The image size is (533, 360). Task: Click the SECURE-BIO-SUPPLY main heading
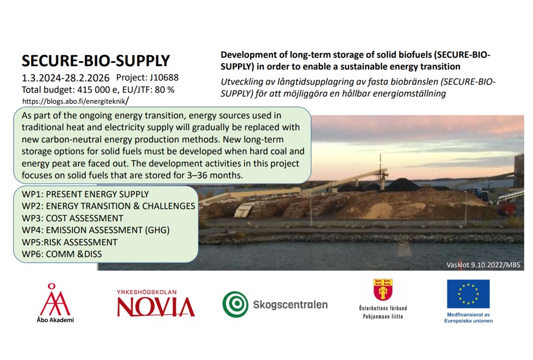pyautogui.click(x=96, y=61)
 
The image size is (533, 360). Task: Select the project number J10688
pyautogui.click(x=164, y=78)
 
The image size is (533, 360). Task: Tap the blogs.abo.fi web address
pyautogui.click(x=75, y=101)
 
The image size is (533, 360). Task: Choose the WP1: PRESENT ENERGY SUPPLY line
pyautogui.click(x=85, y=194)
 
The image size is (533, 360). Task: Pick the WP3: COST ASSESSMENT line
pyautogui.click(x=73, y=218)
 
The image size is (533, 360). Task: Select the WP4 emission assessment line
pyautogui.click(x=96, y=230)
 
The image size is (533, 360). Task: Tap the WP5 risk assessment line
pyautogui.click(x=69, y=242)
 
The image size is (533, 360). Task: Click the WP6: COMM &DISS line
pyautogui.click(x=62, y=254)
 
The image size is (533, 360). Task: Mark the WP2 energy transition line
pyautogui.click(x=109, y=206)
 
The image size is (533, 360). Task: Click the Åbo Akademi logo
pyautogui.click(x=55, y=303)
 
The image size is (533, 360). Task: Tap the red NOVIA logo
pyautogui.click(x=156, y=304)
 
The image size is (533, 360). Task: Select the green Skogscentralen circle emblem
pyautogui.click(x=235, y=304)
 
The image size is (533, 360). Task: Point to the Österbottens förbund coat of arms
pyautogui.click(x=383, y=290)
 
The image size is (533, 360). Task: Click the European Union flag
pyautogui.click(x=468, y=294)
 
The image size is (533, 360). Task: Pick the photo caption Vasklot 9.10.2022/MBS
pyautogui.click(x=483, y=265)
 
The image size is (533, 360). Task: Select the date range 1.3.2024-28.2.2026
pyautogui.click(x=66, y=78)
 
